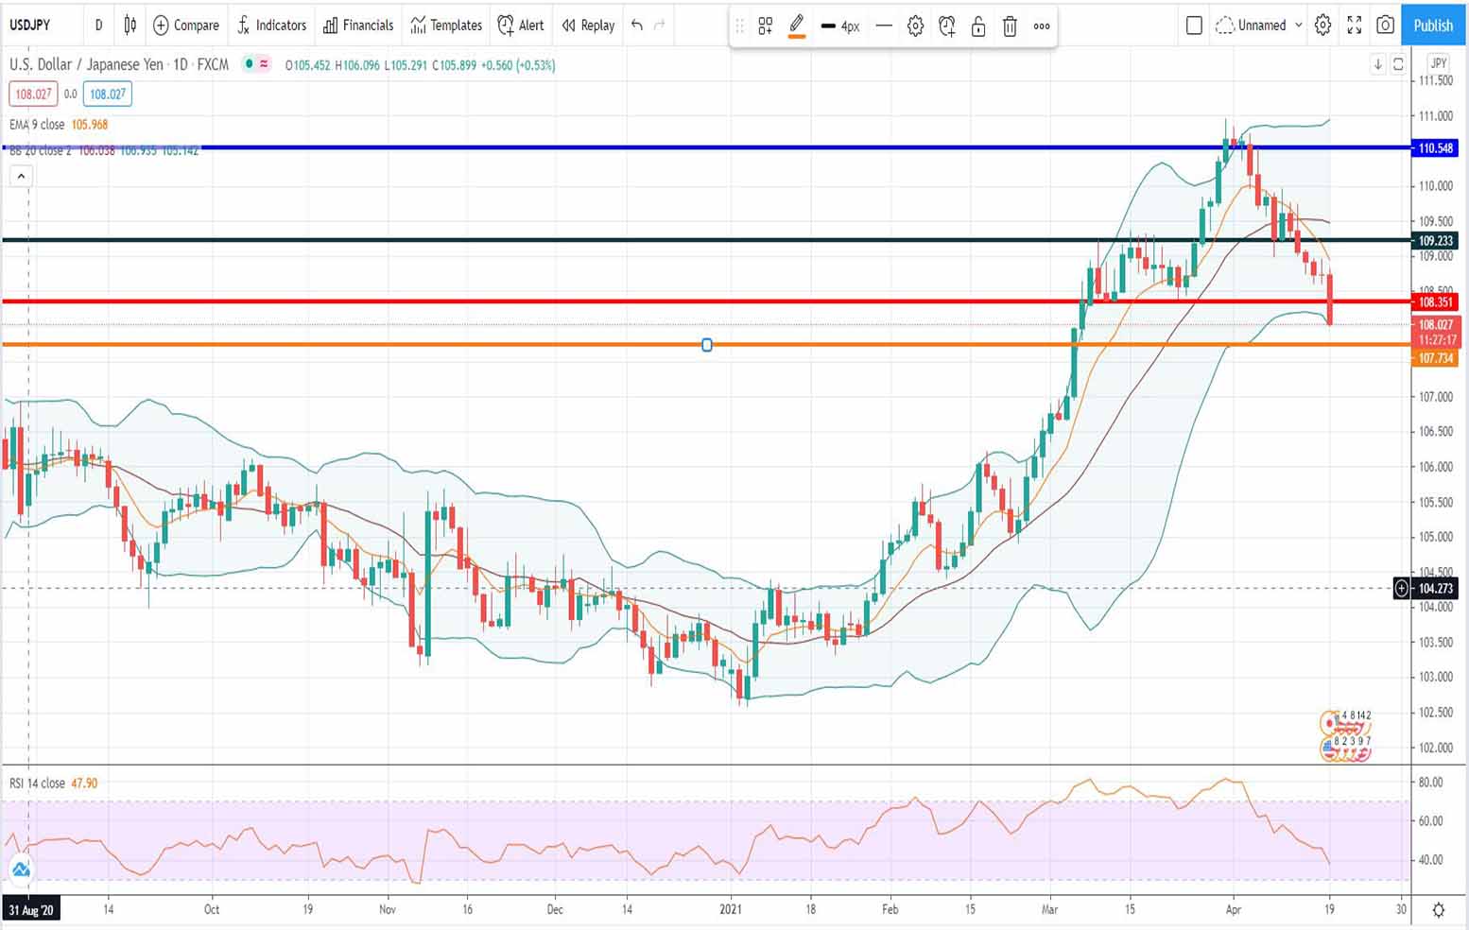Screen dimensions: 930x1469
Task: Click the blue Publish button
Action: [1432, 26]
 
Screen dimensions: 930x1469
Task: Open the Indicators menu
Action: [272, 26]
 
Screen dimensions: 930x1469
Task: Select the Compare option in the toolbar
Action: [186, 26]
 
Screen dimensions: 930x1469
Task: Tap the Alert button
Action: [521, 26]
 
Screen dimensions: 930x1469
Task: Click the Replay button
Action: [588, 26]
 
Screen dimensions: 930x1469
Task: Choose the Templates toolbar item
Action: [446, 26]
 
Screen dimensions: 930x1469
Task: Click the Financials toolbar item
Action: [358, 26]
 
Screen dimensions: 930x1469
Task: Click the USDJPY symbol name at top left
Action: [30, 26]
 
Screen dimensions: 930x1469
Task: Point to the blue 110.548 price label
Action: [1434, 148]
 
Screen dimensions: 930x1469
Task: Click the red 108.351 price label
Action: [1434, 302]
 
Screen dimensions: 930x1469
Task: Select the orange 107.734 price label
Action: [1434, 358]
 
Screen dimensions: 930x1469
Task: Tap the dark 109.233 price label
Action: [1434, 241]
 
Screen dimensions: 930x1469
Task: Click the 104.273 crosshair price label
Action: [1434, 589]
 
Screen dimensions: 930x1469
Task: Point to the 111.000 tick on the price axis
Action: [1435, 116]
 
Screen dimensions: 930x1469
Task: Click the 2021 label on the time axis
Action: [731, 909]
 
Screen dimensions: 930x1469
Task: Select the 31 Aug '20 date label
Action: [31, 910]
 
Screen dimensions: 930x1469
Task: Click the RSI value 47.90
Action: [84, 784]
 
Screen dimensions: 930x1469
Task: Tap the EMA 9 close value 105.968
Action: [90, 125]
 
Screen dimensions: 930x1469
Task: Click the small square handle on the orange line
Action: [707, 345]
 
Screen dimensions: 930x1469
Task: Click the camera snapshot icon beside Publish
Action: [1385, 26]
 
